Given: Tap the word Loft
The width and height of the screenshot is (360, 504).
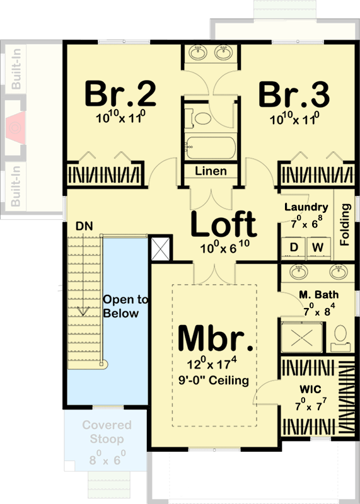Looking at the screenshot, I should [x=224, y=224].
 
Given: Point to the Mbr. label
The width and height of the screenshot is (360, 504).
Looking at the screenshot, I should [x=216, y=338].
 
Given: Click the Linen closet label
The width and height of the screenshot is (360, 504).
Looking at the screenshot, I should [x=211, y=171].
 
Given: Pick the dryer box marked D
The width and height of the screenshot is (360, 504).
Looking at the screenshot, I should [x=293, y=248].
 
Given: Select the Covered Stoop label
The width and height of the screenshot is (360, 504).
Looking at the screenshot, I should [x=106, y=432].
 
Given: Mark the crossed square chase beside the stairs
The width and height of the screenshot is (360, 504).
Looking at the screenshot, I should [x=160, y=249].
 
